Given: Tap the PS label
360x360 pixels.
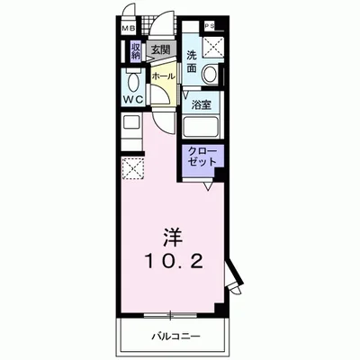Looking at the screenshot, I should tap(209, 26).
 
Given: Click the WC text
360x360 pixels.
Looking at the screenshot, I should tap(133, 95).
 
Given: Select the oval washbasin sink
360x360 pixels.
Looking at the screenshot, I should tap(211, 75).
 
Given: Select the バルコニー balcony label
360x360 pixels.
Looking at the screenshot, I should tap(170, 337).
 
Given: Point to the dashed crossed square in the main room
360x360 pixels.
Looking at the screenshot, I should tap(131, 168).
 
